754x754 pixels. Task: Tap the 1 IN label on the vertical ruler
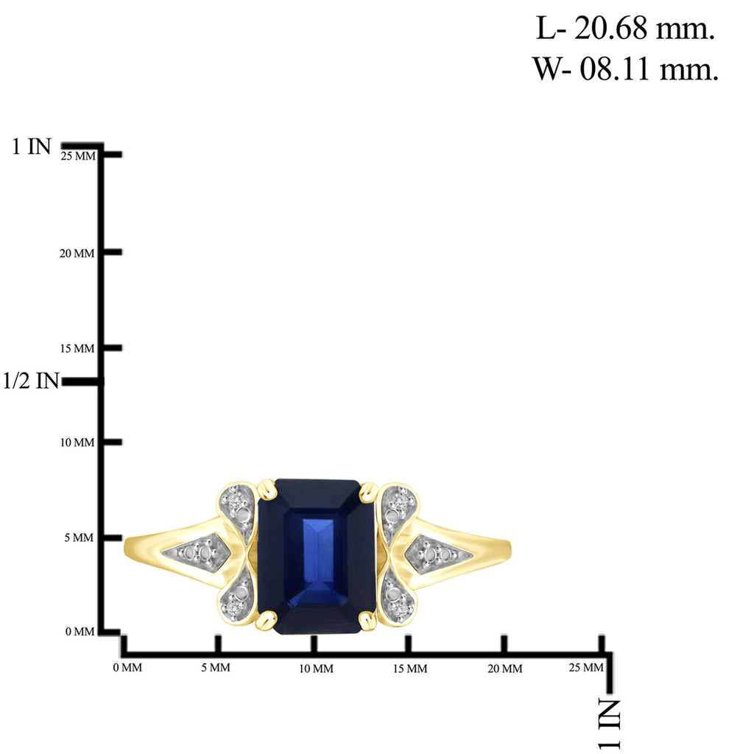coord(31,147)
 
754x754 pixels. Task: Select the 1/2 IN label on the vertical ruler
coord(31,381)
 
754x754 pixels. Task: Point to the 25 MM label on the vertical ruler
coord(78,156)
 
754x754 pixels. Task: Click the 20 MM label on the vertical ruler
coord(77,253)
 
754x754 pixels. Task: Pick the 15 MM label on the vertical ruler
coord(77,348)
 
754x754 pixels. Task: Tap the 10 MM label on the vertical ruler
coord(77,443)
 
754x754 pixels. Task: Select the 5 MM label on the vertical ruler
coord(79,538)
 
